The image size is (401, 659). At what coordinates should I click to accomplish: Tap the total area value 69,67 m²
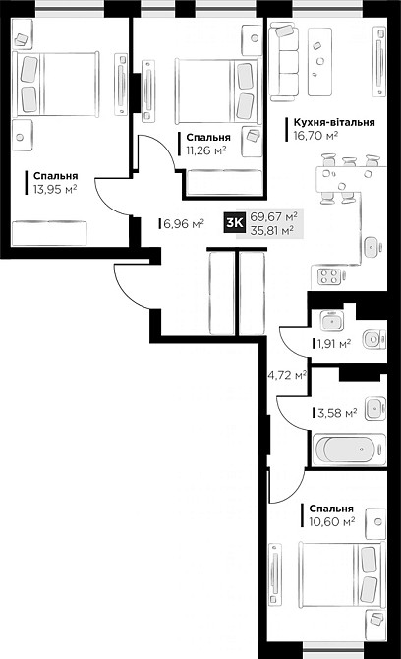point(274,217)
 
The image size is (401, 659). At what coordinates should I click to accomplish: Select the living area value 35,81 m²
point(274,232)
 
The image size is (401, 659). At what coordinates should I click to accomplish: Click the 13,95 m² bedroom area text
point(55,190)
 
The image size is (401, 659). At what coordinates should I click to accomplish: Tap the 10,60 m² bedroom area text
point(330,522)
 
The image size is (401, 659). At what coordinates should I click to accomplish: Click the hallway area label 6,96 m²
point(184,224)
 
